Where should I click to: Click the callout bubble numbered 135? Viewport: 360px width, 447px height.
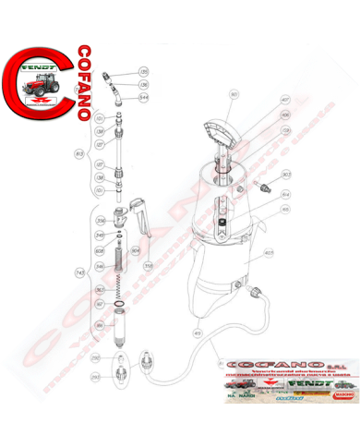143,71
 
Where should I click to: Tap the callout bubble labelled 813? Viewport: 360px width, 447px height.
79,152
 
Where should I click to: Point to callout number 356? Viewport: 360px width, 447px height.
102,220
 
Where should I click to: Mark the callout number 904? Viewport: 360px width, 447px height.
135,249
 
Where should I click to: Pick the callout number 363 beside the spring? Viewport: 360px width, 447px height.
100,288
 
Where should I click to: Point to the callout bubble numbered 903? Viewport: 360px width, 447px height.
286,173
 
